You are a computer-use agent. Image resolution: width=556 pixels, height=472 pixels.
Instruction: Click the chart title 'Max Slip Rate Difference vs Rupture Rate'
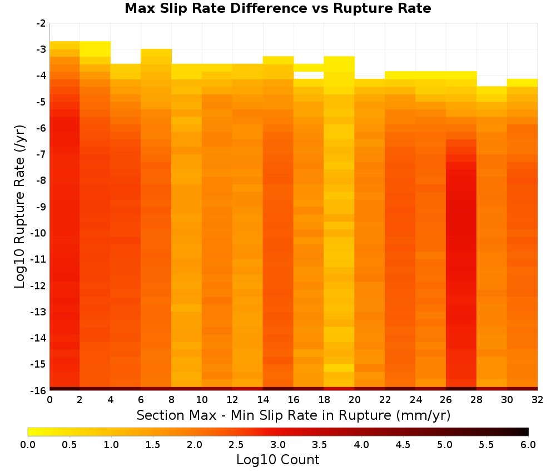pos(277,8)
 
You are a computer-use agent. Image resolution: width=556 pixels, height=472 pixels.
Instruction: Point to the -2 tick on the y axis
pos(41,23)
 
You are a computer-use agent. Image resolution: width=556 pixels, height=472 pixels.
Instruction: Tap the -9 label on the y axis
pos(41,207)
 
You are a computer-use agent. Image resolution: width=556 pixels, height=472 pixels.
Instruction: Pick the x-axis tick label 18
pos(324,400)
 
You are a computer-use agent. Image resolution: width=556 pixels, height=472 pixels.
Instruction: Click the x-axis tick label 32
pos(538,400)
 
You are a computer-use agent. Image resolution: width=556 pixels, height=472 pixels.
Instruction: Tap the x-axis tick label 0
pos(49,400)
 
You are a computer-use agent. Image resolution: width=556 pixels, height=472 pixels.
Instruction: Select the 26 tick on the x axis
pos(446,400)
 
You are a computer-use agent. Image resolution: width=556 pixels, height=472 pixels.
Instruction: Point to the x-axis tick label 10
pos(202,400)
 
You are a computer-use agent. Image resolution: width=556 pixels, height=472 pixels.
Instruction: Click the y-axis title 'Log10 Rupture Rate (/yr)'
pos(19,207)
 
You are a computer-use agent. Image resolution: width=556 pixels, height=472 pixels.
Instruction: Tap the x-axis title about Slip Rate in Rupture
pos(294,415)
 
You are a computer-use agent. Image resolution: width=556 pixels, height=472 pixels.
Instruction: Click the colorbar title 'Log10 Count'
pos(277,460)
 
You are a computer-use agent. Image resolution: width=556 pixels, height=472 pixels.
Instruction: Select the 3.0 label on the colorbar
pos(278,445)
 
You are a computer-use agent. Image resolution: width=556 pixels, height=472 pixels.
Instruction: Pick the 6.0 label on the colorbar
pos(528,445)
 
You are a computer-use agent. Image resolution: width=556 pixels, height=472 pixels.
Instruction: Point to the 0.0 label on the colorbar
pos(28,445)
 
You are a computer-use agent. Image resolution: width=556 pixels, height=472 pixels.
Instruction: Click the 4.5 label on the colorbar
pos(403,445)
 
